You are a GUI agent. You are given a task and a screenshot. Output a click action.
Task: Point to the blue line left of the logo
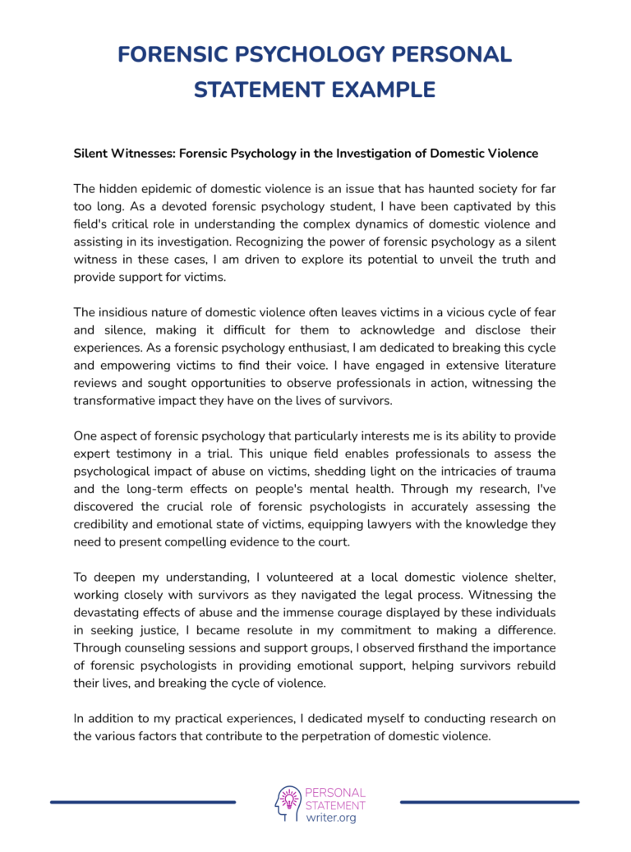click(x=143, y=802)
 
